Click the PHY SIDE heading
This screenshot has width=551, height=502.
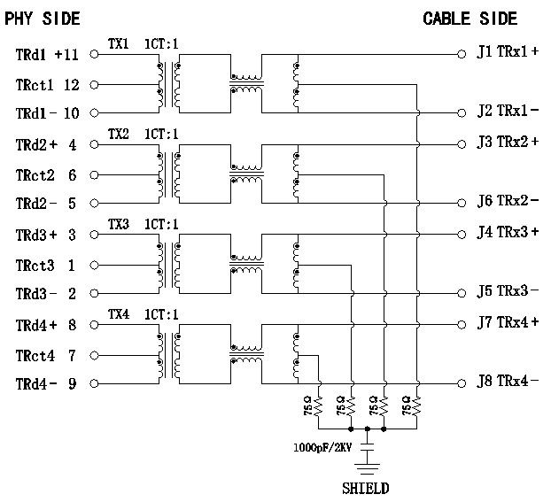42,19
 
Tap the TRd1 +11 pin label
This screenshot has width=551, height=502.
47,54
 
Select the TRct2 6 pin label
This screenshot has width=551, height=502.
45,175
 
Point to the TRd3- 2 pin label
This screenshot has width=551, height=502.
45,293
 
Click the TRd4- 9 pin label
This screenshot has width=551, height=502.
45,383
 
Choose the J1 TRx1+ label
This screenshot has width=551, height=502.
508,51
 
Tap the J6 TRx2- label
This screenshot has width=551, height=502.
508,201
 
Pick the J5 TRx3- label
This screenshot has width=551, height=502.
508,291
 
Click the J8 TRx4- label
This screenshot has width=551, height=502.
508,382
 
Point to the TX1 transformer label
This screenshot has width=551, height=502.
118,42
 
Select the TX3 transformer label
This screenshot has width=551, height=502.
118,224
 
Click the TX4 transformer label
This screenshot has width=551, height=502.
118,314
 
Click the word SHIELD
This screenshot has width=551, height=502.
366,488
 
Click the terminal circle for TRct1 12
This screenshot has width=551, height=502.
95,84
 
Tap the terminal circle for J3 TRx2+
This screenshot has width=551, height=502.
462,143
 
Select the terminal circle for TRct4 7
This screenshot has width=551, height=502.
95,355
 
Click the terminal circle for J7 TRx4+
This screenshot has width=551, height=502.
462,324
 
